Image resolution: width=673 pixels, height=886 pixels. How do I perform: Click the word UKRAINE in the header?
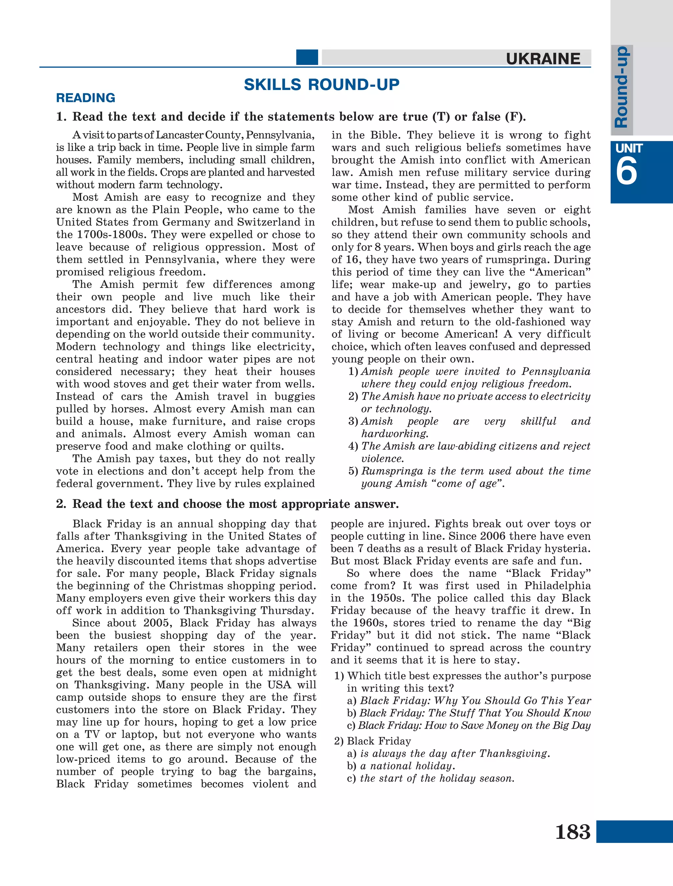point(543,59)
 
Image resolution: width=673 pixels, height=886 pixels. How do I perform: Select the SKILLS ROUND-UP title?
point(321,84)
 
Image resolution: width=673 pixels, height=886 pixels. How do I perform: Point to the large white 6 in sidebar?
point(626,171)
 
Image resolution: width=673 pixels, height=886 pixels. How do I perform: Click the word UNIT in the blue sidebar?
point(629,148)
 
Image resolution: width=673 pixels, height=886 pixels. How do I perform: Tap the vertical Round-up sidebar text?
point(621,87)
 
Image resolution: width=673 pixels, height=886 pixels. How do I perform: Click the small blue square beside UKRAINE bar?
point(307,57)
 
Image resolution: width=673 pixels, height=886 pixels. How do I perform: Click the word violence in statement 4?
point(382,459)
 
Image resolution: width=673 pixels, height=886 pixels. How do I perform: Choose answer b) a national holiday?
point(401,766)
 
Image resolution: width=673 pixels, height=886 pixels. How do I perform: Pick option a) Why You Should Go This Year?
point(469,700)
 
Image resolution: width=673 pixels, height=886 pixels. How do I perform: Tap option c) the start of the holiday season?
point(430,778)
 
